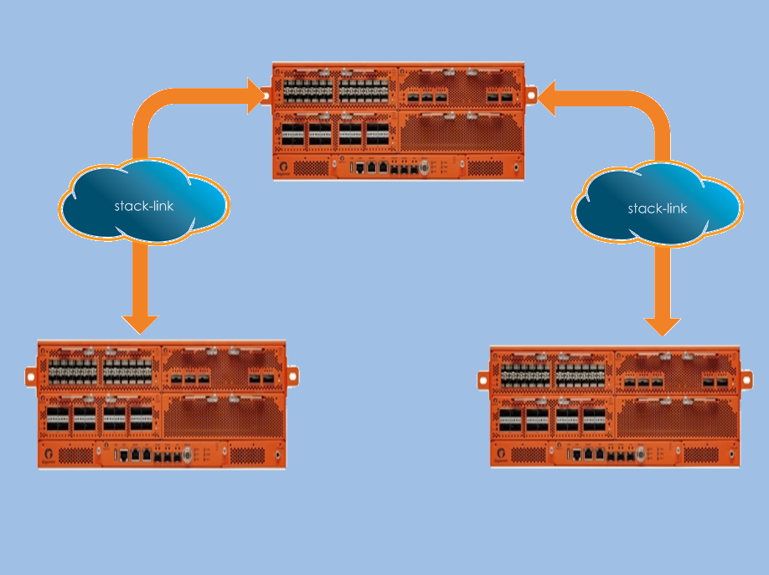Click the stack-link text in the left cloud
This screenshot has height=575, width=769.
(x=144, y=205)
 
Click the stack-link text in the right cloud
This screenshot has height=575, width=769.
(x=657, y=208)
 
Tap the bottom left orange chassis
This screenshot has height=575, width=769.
(x=162, y=404)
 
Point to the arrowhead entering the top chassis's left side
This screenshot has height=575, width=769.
(x=255, y=96)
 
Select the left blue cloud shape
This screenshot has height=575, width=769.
(x=144, y=201)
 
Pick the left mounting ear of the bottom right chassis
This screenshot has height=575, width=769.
(x=483, y=381)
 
